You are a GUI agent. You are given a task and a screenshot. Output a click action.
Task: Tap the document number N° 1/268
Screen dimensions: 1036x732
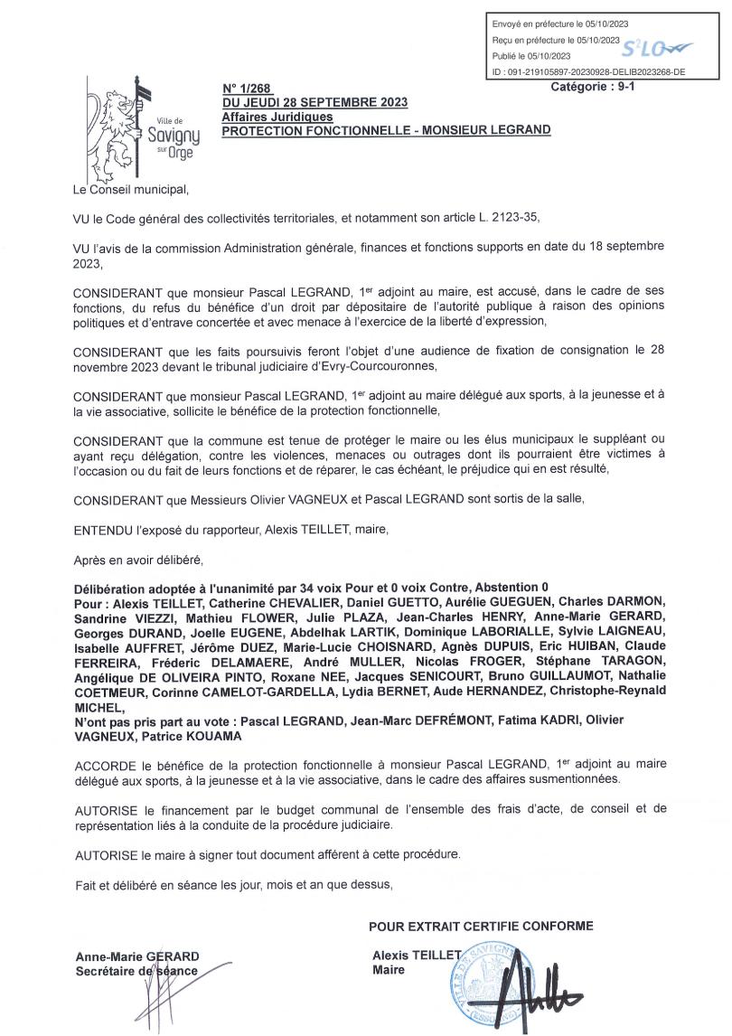tap(240, 89)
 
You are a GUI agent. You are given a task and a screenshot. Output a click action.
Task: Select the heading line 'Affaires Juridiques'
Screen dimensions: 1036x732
tap(277, 117)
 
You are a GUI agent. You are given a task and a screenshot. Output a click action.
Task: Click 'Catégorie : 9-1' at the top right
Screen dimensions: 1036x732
tap(593, 87)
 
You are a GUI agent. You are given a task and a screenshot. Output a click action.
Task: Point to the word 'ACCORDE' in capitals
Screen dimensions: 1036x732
tap(103, 764)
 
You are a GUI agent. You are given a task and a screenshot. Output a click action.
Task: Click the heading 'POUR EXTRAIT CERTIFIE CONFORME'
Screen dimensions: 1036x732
tap(481, 926)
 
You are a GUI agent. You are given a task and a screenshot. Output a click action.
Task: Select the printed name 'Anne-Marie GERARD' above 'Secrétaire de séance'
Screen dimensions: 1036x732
tap(137, 956)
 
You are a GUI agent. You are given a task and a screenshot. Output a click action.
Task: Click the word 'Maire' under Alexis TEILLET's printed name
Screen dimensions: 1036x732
tap(389, 970)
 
